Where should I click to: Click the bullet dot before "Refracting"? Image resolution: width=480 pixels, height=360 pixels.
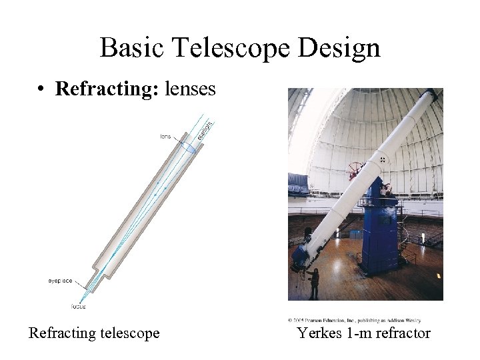(41, 89)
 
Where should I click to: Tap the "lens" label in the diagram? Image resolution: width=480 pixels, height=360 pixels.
(165, 137)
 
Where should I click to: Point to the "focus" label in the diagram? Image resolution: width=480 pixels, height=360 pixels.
(78, 307)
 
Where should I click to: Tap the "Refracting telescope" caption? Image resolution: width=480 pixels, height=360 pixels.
(94, 333)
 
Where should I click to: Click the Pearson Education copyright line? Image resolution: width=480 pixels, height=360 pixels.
(353, 321)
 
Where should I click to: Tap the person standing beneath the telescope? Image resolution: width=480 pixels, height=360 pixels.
(314, 283)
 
